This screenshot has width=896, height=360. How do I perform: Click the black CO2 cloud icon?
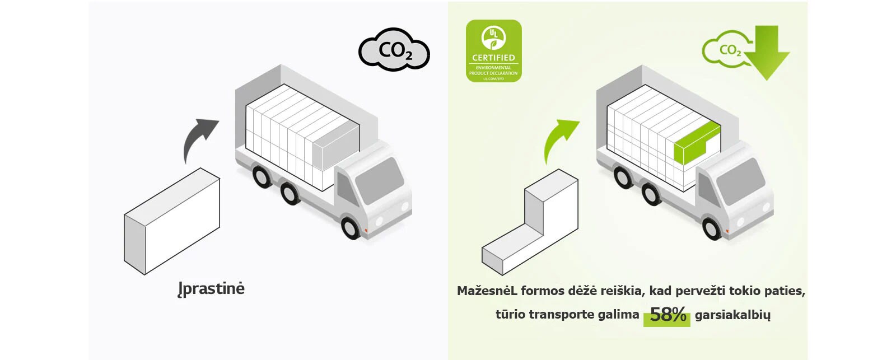(x=394, y=50)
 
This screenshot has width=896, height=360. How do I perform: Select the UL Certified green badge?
(x=493, y=51)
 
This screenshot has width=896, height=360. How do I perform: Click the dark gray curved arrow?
(x=197, y=137)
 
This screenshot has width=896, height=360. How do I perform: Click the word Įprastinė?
(x=211, y=289)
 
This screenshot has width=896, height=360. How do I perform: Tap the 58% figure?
(x=668, y=315)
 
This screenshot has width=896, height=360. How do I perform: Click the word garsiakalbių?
(x=732, y=315)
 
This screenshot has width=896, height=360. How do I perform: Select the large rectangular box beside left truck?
(x=172, y=222)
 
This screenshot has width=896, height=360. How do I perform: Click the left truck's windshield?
(x=379, y=180)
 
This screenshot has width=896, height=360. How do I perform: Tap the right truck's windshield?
(x=740, y=181)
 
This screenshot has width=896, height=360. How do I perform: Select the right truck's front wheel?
(x=712, y=228)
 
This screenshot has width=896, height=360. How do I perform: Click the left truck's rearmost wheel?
(x=262, y=176)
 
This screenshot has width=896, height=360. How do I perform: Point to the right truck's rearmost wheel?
(x=623, y=176)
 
